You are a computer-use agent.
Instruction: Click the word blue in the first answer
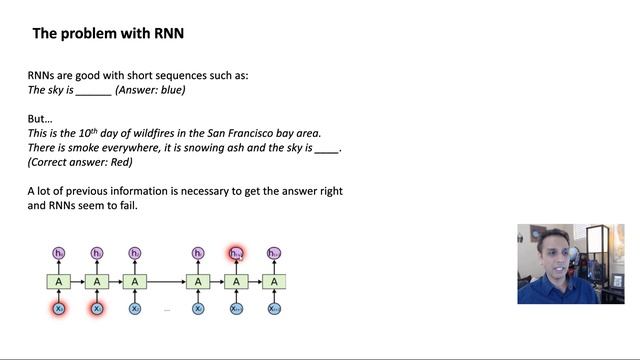170,90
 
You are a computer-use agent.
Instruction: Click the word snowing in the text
201,148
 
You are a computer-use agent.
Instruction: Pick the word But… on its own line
39,118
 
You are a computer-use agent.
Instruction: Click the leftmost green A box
59,282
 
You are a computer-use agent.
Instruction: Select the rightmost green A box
274,282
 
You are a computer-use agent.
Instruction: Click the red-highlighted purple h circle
236,254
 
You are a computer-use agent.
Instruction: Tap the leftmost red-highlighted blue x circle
59,309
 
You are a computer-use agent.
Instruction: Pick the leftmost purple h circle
59,254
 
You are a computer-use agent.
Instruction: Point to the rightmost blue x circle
274,309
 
